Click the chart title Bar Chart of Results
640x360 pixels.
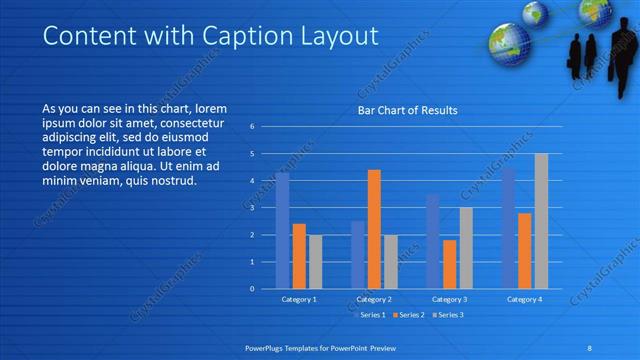coord(408,110)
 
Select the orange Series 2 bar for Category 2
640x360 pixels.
coord(374,229)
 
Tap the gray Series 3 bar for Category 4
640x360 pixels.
coord(541,221)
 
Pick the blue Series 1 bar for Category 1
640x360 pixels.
coord(283,231)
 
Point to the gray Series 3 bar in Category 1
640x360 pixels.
coord(315,262)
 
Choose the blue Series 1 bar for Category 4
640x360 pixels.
coord(508,228)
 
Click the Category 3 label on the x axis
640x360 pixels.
coord(449,299)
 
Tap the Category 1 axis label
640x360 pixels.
coord(299,299)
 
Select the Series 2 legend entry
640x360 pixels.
coord(408,315)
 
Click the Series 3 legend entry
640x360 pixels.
coord(449,315)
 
